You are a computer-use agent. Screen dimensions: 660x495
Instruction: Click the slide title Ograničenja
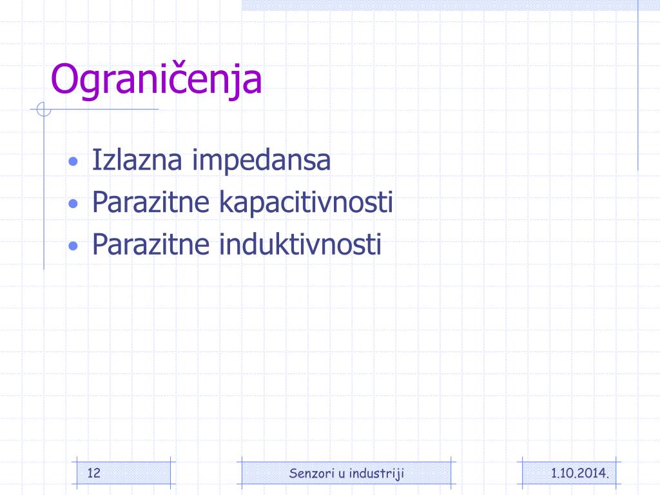(x=156, y=81)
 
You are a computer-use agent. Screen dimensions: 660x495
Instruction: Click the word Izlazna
(x=137, y=160)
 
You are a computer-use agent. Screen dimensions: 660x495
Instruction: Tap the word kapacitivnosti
(x=306, y=203)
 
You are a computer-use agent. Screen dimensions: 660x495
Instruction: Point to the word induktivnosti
(x=300, y=244)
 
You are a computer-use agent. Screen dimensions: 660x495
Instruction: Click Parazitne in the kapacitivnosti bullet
(x=151, y=202)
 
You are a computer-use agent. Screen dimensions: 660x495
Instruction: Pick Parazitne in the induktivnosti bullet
(x=151, y=244)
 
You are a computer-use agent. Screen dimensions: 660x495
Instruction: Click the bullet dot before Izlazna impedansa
(x=73, y=161)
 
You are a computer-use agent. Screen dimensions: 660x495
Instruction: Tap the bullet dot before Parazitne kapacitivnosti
(x=73, y=204)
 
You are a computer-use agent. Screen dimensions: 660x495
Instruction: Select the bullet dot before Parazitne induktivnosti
(x=73, y=246)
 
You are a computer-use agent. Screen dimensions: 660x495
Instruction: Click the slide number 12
(x=94, y=472)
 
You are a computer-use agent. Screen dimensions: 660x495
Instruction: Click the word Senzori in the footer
(x=311, y=473)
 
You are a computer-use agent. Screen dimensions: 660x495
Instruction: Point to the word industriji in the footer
(x=376, y=474)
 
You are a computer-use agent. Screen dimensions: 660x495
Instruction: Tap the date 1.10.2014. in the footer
(x=580, y=473)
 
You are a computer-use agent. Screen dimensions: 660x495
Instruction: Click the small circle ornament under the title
(x=44, y=110)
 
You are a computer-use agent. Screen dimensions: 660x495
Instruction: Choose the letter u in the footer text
(x=342, y=474)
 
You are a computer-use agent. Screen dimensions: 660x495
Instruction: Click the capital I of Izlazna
(x=95, y=160)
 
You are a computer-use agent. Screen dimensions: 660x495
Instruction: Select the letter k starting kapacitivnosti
(x=227, y=202)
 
